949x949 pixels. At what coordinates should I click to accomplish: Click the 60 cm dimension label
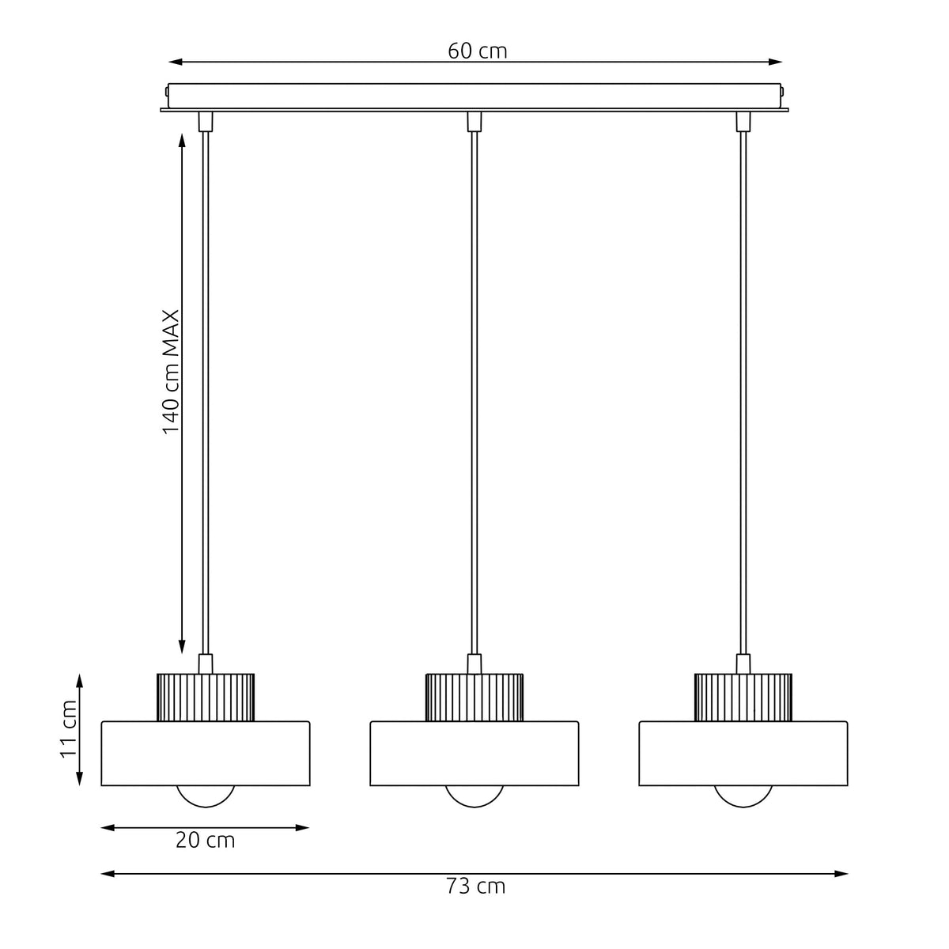[x=477, y=51]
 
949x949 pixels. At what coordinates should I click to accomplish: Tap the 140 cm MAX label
[x=171, y=372]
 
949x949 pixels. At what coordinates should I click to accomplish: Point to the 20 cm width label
[x=206, y=840]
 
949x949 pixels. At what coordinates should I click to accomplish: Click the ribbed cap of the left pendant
[x=206, y=698]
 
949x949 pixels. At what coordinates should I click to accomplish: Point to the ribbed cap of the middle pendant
[x=475, y=698]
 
